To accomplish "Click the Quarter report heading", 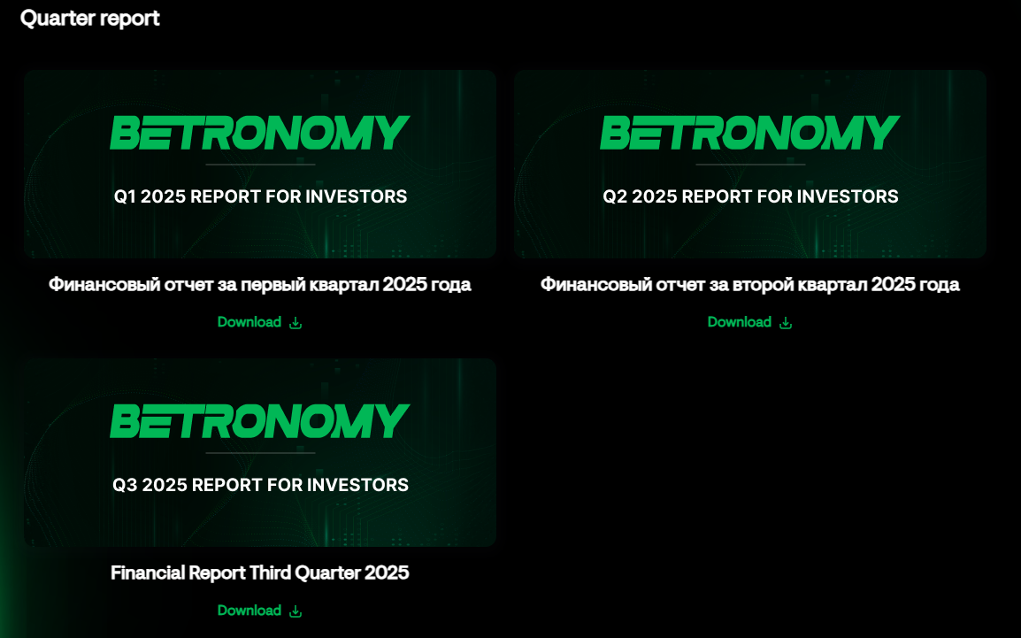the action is (90, 19).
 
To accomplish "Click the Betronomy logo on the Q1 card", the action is (260, 132).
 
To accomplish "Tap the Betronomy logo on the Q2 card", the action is (750, 132).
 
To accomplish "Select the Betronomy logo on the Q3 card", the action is (260, 420).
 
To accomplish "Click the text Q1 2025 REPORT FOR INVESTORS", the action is (260, 196).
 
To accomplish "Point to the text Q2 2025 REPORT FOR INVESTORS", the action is (751, 196).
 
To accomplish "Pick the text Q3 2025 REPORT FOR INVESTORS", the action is (260, 485).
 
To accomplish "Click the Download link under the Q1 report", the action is (249, 322).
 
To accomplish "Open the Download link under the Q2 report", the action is (740, 322).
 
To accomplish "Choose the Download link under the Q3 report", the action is (249, 611).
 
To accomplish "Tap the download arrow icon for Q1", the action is (296, 323).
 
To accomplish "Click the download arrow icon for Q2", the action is (786, 323).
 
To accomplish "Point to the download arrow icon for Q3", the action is (296, 611).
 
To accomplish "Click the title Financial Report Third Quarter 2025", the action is (260, 573).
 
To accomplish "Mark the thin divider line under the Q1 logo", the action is (260, 165).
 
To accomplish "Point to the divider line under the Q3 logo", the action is (260, 453).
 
